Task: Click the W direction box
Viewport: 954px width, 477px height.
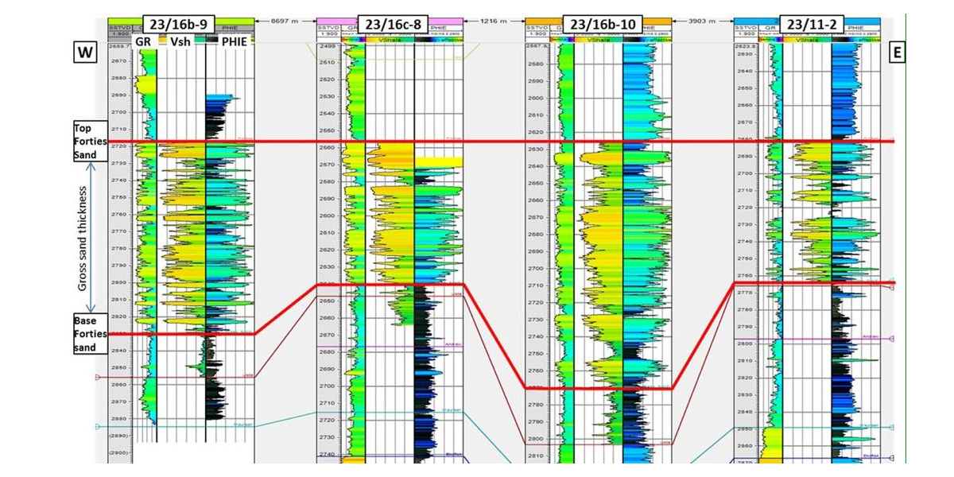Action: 85,53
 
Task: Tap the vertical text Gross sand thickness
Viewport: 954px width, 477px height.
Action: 83,238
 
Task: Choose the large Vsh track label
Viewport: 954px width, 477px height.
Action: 179,42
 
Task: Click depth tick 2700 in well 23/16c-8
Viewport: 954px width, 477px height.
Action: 328,386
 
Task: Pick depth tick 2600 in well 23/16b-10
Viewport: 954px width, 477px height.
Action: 536,98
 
